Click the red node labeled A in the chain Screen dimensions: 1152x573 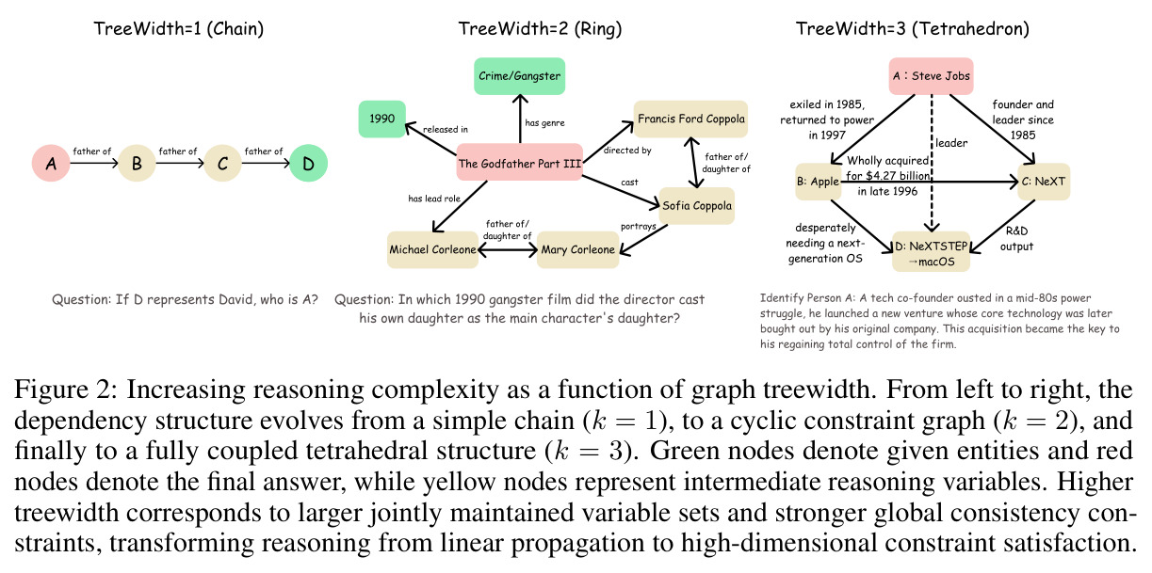[51, 164]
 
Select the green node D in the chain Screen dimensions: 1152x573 [308, 164]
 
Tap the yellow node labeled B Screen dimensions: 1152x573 [137, 164]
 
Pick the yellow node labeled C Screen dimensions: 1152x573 [222, 164]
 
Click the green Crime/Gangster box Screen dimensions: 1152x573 [519, 76]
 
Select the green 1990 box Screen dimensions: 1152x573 [382, 119]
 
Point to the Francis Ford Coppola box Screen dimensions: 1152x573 [690, 119]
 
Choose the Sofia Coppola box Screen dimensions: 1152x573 [697, 205]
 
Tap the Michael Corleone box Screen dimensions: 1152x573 [432, 249]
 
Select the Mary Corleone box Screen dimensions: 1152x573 [577, 249]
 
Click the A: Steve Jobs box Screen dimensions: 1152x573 [932, 76]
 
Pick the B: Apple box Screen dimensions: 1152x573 [819, 182]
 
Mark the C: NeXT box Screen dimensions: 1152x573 [1044, 182]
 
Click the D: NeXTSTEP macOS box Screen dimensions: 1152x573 [932, 252]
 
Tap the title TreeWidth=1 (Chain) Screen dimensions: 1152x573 [178, 29]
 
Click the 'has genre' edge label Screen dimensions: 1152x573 [544, 123]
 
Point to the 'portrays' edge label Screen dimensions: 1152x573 [639, 226]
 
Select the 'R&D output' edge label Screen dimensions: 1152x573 [1016, 238]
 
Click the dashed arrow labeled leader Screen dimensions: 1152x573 [932, 164]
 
